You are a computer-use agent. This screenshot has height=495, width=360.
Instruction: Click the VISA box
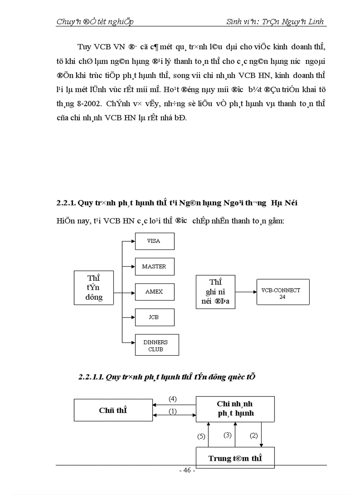[154, 241]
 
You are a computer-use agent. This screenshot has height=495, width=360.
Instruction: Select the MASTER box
[154, 267]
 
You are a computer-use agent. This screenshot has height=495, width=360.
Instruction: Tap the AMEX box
[154, 292]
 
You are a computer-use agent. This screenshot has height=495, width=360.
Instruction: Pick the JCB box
[154, 317]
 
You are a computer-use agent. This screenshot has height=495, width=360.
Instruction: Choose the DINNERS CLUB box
[156, 346]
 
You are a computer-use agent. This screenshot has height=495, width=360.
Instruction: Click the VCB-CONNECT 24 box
[282, 294]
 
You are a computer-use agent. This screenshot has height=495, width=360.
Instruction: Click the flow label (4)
[173, 398]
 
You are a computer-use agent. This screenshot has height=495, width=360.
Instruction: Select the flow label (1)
[173, 411]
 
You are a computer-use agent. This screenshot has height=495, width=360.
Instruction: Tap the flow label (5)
[201, 436]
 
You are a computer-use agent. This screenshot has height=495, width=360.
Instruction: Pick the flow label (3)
[228, 435]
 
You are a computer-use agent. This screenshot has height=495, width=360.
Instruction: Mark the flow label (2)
[254, 435]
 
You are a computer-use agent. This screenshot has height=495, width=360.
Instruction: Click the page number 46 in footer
[187, 470]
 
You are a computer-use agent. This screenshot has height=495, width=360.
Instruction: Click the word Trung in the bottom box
[220, 458]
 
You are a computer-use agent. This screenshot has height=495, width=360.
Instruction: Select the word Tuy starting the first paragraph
[84, 46]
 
